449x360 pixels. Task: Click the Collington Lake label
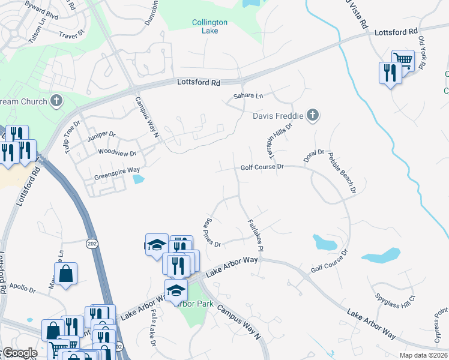pos(209,27)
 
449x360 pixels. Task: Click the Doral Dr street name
pos(314,157)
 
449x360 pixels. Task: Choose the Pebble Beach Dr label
pos(342,173)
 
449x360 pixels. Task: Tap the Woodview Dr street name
pos(113,153)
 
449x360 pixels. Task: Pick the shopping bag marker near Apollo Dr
pos(66,274)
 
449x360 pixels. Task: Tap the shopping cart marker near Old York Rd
pos(403,60)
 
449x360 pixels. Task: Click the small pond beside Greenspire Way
pos(138,179)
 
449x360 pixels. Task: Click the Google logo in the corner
pos(19,353)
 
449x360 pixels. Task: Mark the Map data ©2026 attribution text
pos(423,355)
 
